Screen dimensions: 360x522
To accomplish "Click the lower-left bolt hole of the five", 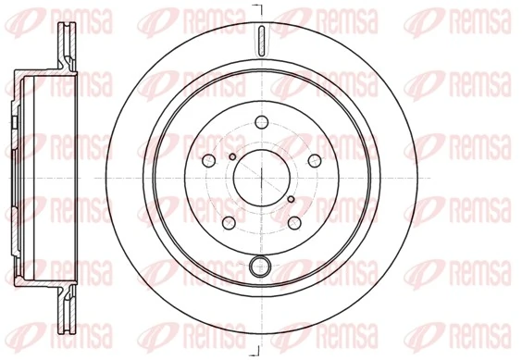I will pyautogui.click(x=229, y=221).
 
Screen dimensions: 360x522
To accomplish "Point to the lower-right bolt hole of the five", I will pyautogui.click(x=294, y=221).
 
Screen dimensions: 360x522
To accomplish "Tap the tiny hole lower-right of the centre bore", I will pyautogui.click(x=291, y=198).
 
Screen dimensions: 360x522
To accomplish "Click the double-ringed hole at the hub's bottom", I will pyautogui.click(x=261, y=268).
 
